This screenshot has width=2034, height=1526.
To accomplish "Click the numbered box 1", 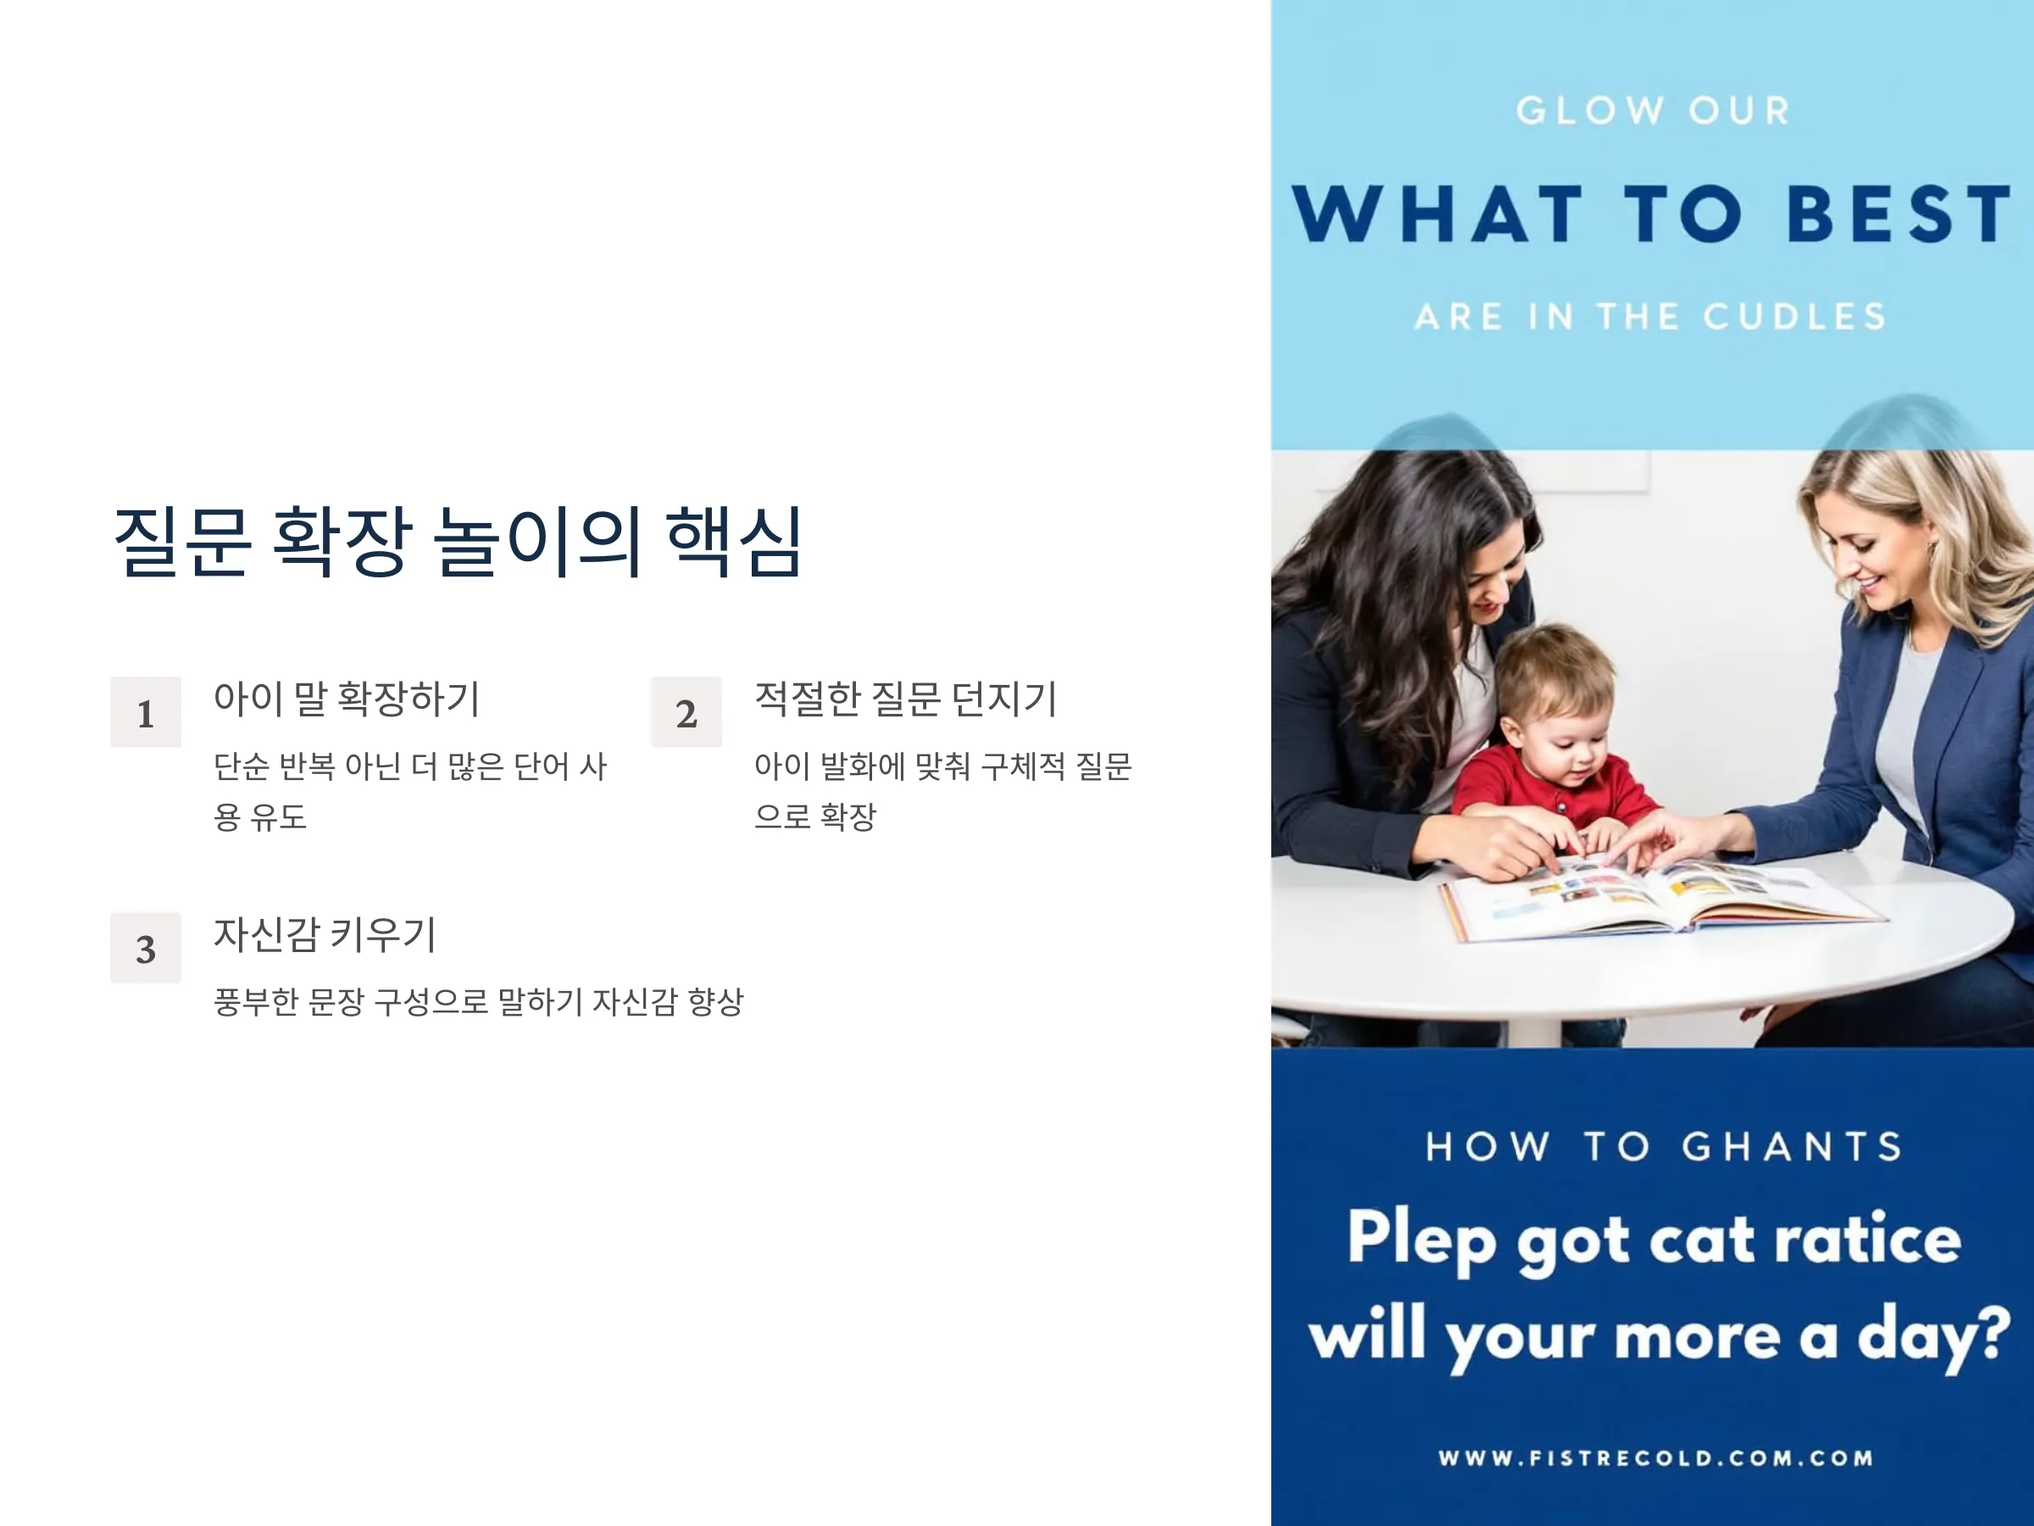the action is (145, 712).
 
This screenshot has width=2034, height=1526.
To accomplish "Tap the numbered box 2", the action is (686, 712).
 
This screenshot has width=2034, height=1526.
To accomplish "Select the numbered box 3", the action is (145, 948).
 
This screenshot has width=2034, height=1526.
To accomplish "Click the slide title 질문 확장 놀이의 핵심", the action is (458, 542).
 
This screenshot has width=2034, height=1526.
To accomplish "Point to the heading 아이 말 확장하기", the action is (347, 699).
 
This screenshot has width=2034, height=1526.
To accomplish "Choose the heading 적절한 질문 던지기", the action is (906, 699).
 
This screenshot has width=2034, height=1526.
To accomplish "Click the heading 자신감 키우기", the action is (325, 934).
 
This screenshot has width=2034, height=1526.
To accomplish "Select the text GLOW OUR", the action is (1653, 111).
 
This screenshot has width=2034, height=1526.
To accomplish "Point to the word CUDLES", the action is (1794, 316).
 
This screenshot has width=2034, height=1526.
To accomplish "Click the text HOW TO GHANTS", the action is (1664, 1147).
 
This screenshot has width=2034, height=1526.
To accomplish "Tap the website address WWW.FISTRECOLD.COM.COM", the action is (1655, 1458).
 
